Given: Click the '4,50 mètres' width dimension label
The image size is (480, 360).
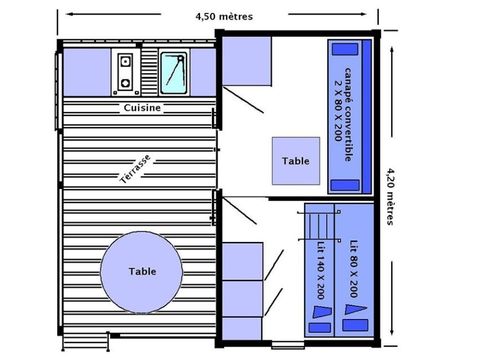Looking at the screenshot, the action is pos(224,16).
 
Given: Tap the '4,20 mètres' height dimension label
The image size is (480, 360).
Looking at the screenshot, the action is pos(390,197).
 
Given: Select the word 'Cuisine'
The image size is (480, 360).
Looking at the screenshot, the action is pos(142,108).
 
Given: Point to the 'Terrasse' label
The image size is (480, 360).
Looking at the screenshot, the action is pos(135,169).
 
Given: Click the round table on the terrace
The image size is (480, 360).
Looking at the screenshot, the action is pos(142,272).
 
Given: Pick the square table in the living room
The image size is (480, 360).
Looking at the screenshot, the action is pos(296,161).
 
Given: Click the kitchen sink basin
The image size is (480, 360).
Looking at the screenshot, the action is pos(174,73).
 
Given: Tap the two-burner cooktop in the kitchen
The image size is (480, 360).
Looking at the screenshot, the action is pos(125,72).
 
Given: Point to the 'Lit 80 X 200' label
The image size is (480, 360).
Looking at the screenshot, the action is pos(354,269).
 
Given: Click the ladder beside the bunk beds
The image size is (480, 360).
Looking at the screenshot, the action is pos(319,226).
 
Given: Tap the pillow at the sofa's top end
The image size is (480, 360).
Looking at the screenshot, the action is pos(345,49).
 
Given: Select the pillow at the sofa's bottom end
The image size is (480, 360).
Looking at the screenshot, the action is pos(345,185).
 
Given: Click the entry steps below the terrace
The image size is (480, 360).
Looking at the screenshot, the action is pos(86,342).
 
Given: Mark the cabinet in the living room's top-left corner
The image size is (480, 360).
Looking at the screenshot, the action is pos(247,61).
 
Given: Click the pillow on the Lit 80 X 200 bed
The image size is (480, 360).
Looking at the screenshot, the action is pos(355,325).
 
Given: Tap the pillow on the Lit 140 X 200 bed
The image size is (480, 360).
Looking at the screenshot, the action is pos(319,328).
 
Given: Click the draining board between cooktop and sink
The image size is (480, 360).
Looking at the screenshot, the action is pos(149,72).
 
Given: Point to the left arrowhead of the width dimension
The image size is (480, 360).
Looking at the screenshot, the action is pos(70,14).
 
